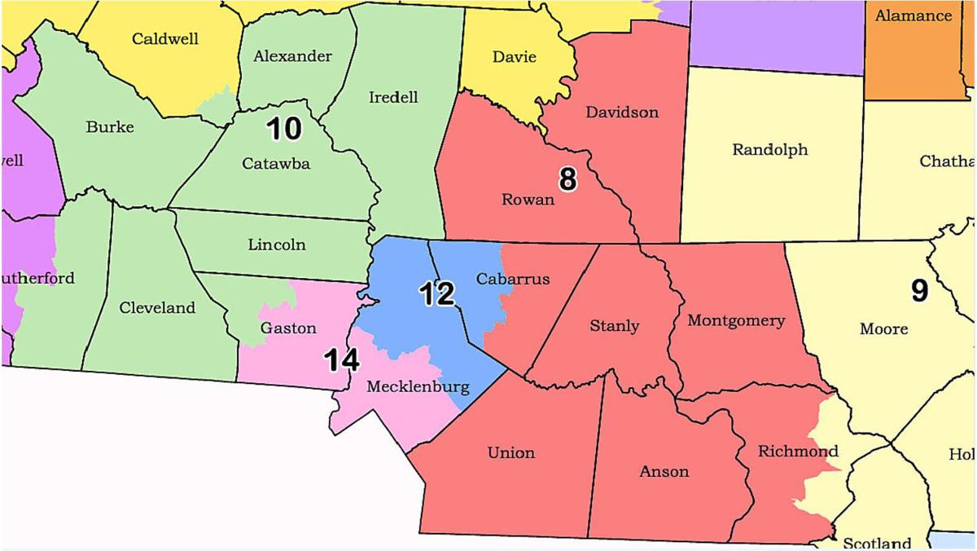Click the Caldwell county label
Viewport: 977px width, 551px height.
(165, 38)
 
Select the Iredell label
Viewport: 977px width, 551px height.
(393, 97)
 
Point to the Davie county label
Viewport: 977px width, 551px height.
(515, 57)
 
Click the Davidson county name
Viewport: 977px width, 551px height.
(622, 112)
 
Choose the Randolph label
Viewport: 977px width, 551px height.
(769, 149)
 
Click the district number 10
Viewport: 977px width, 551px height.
(284, 128)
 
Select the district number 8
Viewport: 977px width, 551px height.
(567, 179)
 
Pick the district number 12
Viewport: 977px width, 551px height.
(436, 294)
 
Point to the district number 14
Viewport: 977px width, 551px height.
(343, 359)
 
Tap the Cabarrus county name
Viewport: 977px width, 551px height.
(512, 279)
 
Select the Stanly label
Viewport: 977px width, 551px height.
(614, 326)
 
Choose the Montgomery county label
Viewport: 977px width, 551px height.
(736, 320)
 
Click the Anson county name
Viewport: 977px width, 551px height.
(664, 471)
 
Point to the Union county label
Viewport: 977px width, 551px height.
(510, 452)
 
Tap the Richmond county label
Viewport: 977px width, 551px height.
(797, 451)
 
